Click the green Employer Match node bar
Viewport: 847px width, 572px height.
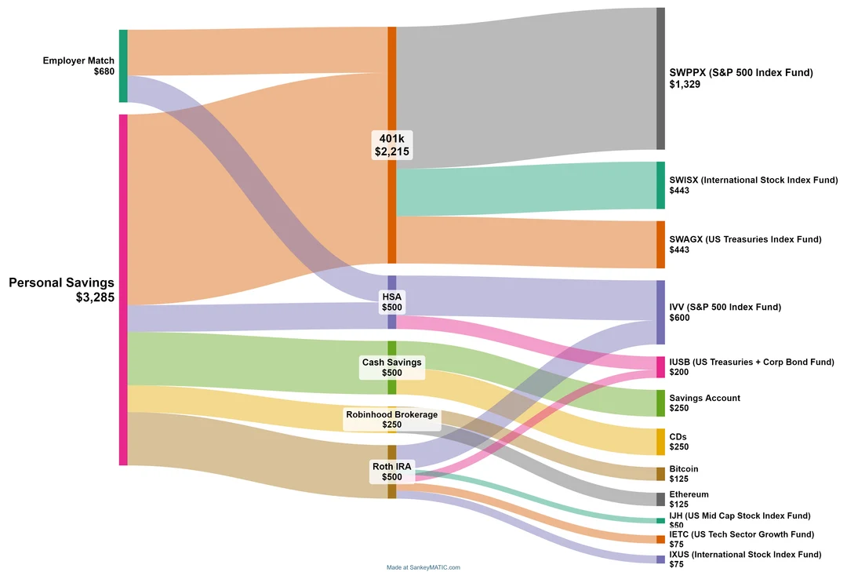123,66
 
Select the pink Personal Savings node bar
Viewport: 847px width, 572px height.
123,290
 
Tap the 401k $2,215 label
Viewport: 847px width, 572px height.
392,145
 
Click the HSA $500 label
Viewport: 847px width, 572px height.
392,302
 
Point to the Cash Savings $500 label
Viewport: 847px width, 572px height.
392,367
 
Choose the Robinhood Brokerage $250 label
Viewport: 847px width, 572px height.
392,420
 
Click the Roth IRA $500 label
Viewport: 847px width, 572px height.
392,472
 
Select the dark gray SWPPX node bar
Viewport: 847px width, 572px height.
660,78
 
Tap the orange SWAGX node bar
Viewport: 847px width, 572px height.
660,245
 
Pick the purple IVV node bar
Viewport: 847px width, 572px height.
660,312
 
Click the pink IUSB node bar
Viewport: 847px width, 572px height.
660,367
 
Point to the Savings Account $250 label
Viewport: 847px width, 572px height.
704,403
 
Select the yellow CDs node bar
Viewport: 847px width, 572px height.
660,442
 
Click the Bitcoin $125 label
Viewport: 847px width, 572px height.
683,474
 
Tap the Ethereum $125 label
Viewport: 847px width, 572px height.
689,499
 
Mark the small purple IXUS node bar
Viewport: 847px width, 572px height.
660,559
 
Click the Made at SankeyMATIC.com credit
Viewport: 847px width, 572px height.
423,567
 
